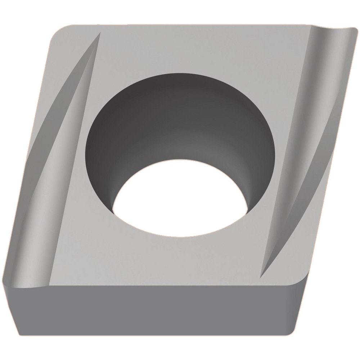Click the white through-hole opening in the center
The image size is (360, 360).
180,198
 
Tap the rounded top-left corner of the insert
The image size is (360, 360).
58,34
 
